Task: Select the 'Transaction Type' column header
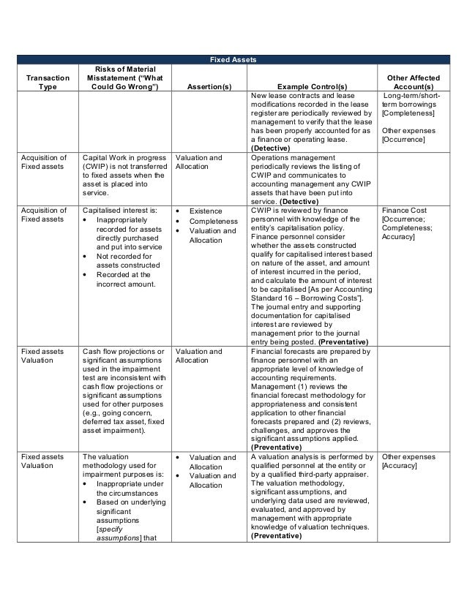point(48,81)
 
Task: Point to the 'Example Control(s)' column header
point(312,86)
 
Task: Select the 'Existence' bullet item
point(206,211)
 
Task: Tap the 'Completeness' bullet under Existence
point(213,221)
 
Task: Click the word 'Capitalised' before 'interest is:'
point(104,208)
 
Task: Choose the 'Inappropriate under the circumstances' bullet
point(125,488)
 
